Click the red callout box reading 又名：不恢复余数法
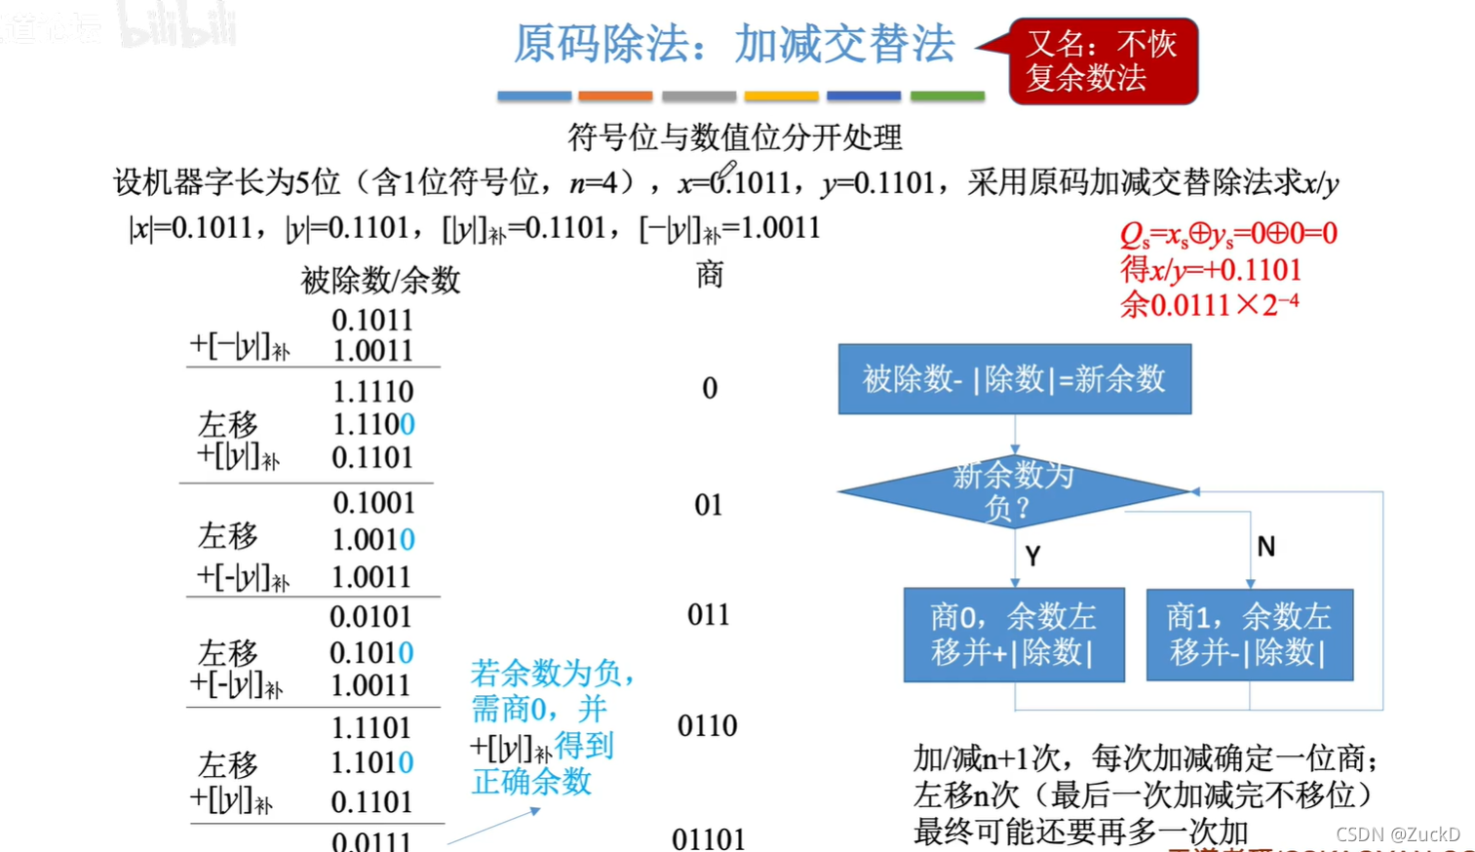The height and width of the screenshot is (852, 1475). pos(1103,60)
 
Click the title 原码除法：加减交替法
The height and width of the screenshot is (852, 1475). pos(733,44)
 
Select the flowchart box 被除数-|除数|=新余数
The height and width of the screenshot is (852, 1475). pos(1014,378)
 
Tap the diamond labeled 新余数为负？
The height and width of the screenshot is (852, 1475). pos(1014,490)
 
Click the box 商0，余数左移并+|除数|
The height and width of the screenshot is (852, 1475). pos(1014,634)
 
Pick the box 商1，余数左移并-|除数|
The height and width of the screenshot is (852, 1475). pos(1249,634)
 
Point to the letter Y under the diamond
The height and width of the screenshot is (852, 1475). pos(1032,556)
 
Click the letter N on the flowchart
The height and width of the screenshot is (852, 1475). pos(1265,547)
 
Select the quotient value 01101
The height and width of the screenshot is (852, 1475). pos(708,838)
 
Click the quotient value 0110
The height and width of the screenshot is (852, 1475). pos(707,725)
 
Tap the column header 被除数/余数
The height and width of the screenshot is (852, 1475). pos(380,281)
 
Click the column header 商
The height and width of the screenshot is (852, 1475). pos(710,275)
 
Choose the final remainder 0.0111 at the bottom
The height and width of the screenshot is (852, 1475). pos(371,840)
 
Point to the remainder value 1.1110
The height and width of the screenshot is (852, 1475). pos(372,391)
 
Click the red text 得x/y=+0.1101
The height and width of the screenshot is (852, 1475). pos(1211,269)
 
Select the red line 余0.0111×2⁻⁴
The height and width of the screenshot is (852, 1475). pos(1209,304)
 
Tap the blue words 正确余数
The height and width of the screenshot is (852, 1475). pos(531,781)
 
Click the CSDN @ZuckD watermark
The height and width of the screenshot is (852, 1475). pos(1397,834)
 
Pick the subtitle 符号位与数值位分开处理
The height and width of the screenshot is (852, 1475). pos(735,137)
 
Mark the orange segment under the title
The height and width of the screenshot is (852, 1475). pos(615,96)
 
